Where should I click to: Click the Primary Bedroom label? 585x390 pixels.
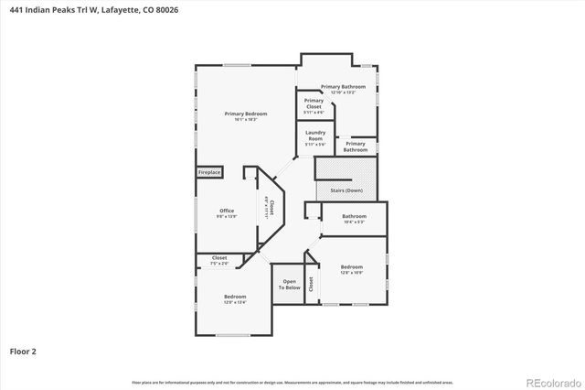241,113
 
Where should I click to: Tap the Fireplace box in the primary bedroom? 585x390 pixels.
209,172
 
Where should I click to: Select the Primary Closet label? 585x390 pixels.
314,103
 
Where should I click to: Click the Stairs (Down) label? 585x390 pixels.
347,190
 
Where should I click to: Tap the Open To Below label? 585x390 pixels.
290,284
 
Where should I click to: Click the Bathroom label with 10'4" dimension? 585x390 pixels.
354,216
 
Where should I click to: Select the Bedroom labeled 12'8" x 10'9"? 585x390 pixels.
352,267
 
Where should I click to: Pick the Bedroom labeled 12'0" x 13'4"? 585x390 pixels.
236,297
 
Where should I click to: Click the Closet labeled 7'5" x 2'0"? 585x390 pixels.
219,258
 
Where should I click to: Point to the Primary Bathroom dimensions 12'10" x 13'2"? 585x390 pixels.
349,92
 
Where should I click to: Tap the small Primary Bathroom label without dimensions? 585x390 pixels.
356,146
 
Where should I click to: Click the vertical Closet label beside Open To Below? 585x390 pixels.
311,284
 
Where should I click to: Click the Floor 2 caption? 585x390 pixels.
23,350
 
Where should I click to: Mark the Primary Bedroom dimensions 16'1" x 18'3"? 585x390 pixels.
241,119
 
